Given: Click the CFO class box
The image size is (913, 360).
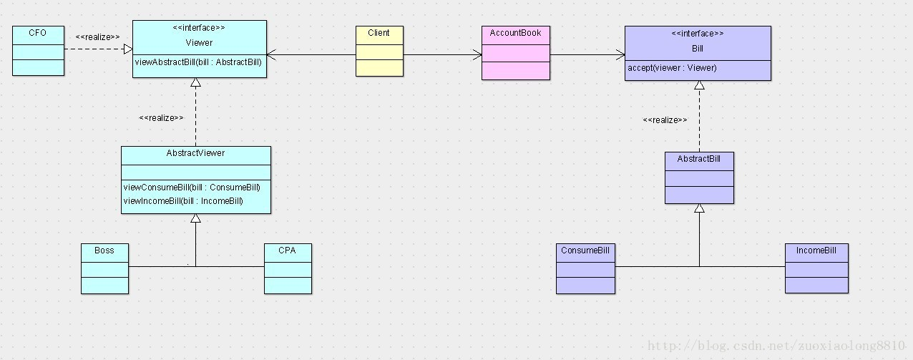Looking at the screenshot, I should coord(39,50).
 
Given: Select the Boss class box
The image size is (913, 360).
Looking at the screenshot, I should coord(104,268).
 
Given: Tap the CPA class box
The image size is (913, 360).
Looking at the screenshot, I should coord(288,268).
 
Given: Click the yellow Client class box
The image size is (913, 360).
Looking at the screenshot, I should coord(379,51).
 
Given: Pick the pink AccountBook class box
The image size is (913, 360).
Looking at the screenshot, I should coord(515,53).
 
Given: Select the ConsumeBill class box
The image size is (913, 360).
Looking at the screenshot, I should coord(585,268).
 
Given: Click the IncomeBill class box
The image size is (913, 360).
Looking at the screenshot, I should coord(816,268).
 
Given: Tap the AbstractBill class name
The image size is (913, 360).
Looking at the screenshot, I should coord(699,159).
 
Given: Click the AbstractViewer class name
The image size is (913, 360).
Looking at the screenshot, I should coord(195,153).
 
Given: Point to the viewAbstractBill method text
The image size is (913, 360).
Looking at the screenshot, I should coord(198,62).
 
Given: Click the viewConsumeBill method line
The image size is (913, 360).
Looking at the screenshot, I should coord(191,188).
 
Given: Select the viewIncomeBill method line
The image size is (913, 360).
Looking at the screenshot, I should coord(183,201).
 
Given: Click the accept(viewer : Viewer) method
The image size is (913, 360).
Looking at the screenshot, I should coord(672,68).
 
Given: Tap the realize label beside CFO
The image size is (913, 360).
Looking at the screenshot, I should coord(97,37).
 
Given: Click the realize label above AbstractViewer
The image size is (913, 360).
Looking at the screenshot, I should coord(161,118).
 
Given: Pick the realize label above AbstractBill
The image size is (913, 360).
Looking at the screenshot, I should coord(665,120).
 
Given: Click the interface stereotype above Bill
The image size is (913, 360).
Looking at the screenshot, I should coord(697,34).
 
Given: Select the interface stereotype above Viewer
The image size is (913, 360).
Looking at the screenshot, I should coord(199,28).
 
